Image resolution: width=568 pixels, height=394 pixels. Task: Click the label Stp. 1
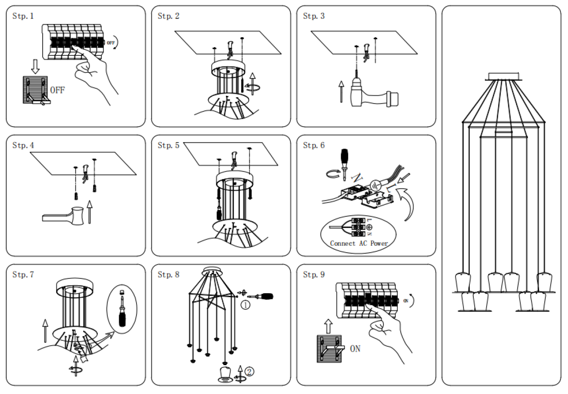pos(23,16)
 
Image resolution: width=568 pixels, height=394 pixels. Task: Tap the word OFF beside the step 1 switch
pos(57,90)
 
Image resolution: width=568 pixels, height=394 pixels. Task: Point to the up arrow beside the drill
pos(341,92)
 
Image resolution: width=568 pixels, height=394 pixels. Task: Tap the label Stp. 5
pos(168,146)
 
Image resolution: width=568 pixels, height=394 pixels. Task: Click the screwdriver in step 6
pos(343,162)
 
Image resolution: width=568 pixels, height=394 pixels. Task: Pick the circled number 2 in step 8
pos(250,371)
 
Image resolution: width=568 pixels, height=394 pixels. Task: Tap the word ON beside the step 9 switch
pos(355,349)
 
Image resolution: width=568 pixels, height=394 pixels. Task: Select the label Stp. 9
pos(314,275)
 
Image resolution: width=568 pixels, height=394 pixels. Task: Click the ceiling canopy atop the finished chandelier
pos(504,76)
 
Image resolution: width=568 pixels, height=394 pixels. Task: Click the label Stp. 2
pos(169,16)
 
